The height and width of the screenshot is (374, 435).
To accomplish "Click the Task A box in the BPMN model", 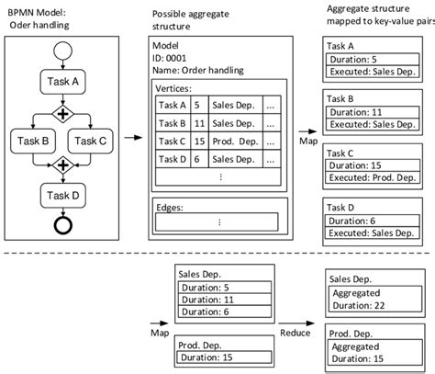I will click(x=61, y=81).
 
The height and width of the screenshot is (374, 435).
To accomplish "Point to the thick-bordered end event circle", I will click(x=61, y=224).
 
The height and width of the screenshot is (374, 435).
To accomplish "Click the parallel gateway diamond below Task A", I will click(x=61, y=113).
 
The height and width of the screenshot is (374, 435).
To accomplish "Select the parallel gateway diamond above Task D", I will click(x=61, y=165).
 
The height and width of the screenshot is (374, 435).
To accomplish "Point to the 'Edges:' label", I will click(x=172, y=208).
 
